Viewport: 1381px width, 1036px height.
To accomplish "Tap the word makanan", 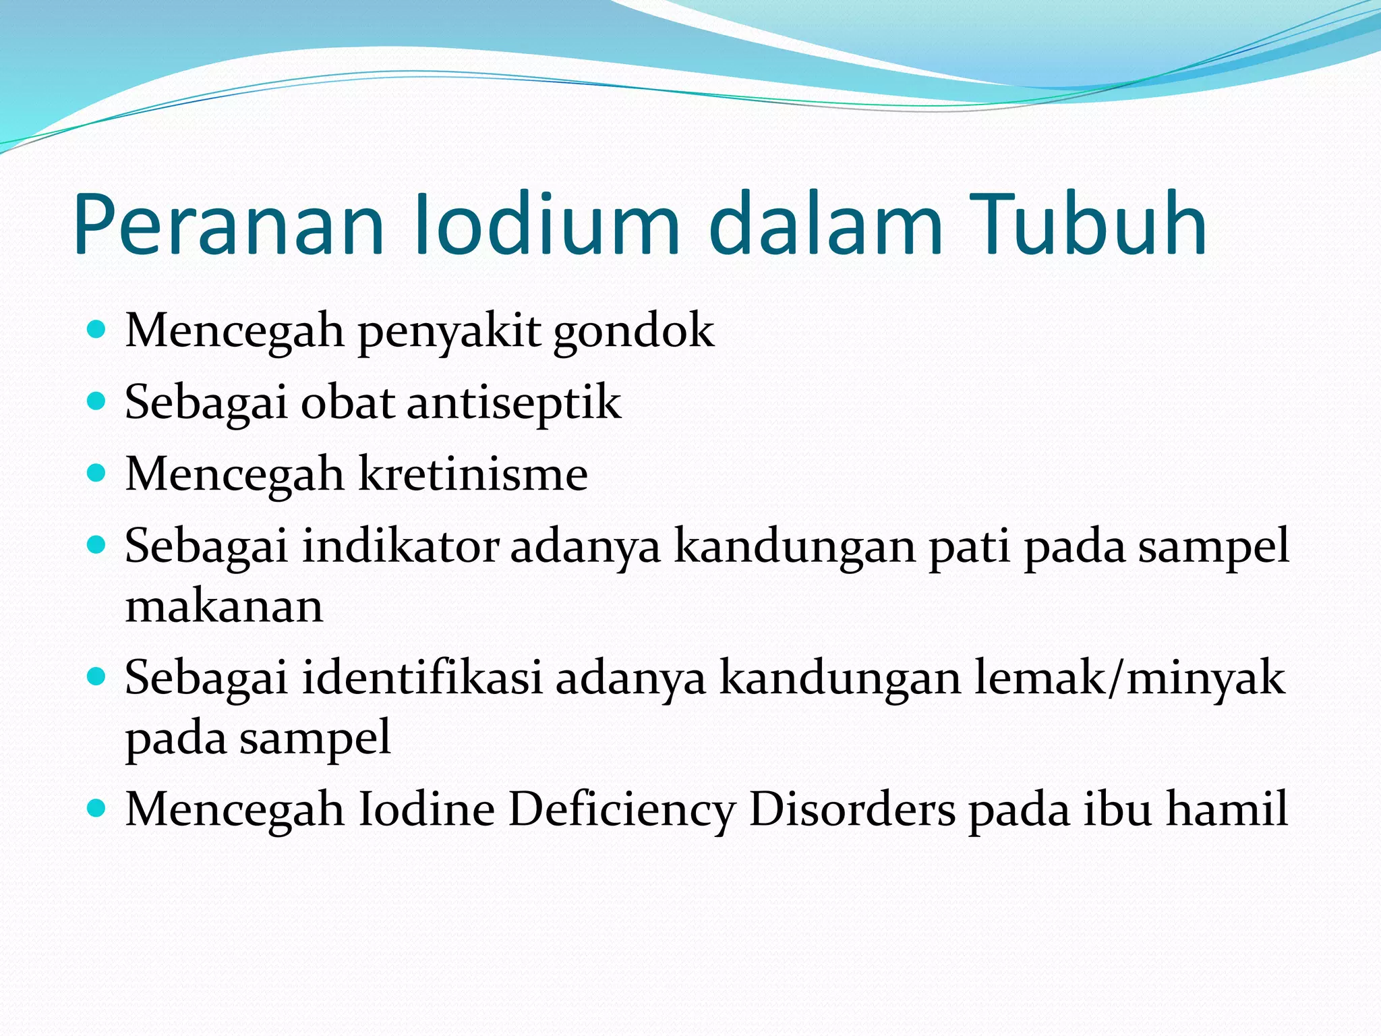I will (x=225, y=606).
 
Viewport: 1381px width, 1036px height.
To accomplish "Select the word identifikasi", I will (x=422, y=677).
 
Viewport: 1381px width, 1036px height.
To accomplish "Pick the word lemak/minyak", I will (x=1130, y=677).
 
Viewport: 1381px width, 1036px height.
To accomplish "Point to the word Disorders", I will (x=852, y=809).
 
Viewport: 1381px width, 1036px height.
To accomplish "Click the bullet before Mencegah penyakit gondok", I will (x=97, y=330).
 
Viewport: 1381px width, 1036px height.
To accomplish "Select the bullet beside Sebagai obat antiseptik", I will (x=97, y=401).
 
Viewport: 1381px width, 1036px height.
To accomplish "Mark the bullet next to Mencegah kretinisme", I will (x=97, y=473).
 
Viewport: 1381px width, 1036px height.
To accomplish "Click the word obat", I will (x=347, y=403).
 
